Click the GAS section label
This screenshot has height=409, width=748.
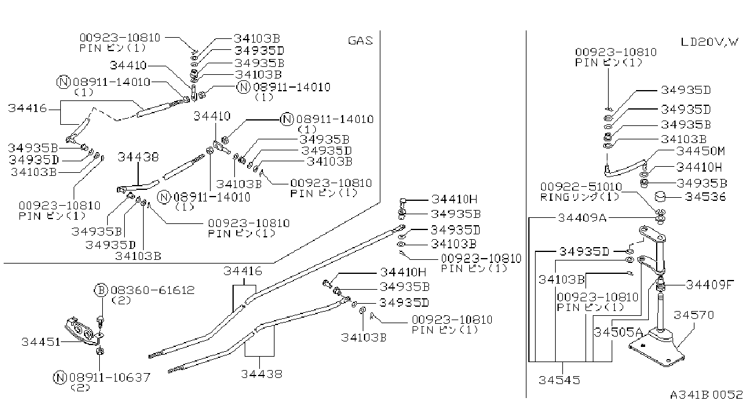[360, 41]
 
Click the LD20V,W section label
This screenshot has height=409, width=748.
[709, 42]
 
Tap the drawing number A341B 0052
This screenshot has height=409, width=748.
[706, 395]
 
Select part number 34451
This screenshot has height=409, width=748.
[41, 342]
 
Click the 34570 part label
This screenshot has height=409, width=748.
[694, 315]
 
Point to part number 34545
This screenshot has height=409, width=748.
[559, 380]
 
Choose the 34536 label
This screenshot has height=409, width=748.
[705, 197]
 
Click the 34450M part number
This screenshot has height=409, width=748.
[701, 152]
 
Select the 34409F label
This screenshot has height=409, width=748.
[710, 285]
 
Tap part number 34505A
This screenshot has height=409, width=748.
[618, 332]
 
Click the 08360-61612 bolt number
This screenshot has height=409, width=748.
[152, 290]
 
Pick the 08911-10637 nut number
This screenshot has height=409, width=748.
[110, 377]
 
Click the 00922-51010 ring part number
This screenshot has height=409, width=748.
[581, 187]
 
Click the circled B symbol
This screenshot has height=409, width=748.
[101, 290]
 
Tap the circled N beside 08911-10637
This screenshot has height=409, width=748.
[60, 377]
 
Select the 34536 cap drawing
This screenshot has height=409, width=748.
[660, 197]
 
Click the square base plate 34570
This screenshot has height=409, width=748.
[657, 348]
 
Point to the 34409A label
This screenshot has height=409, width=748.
[582, 218]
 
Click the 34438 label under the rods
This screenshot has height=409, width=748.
[262, 374]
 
